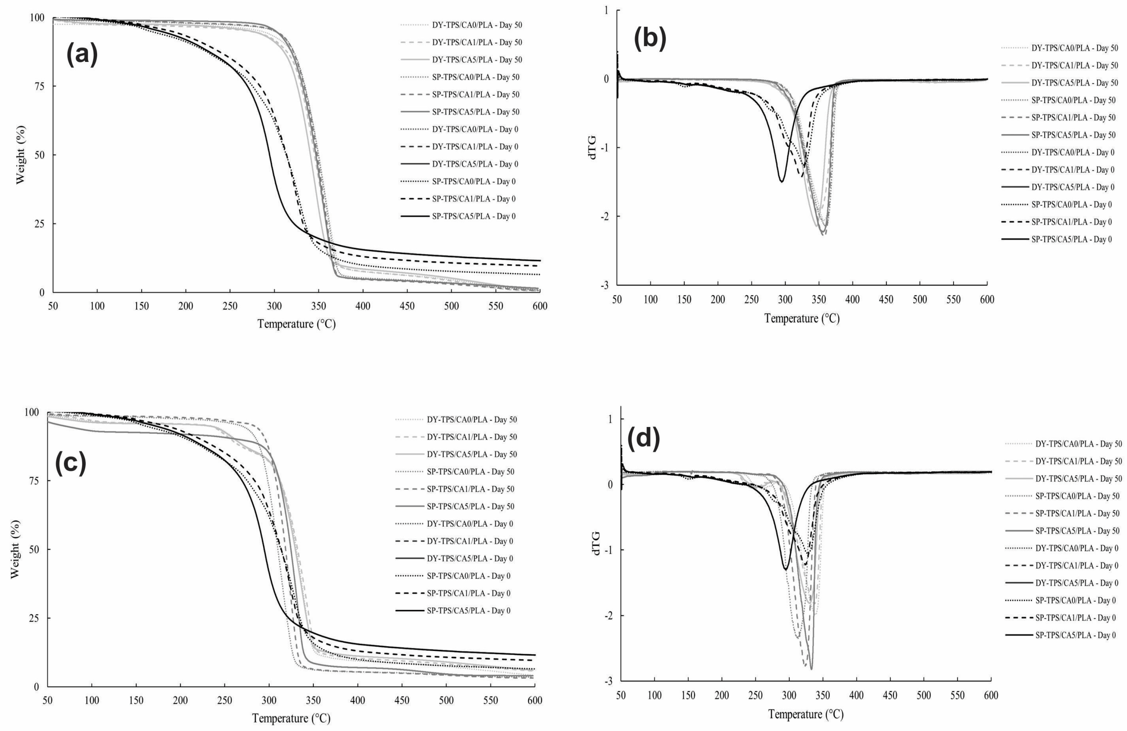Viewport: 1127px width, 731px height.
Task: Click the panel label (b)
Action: click(x=650, y=39)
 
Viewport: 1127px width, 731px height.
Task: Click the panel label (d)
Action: click(x=643, y=439)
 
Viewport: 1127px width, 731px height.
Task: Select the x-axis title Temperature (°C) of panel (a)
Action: click(x=297, y=324)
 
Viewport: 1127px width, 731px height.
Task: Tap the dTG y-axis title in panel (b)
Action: click(x=593, y=147)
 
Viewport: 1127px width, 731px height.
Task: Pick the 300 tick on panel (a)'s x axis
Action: click(x=274, y=306)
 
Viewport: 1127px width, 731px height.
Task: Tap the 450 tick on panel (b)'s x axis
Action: click(x=886, y=300)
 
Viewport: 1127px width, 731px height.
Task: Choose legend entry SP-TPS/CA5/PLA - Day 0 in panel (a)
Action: click(x=474, y=216)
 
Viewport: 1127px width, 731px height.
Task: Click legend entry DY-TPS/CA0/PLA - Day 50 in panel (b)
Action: click(x=1074, y=48)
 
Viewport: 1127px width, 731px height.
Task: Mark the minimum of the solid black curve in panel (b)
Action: click(x=782, y=181)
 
